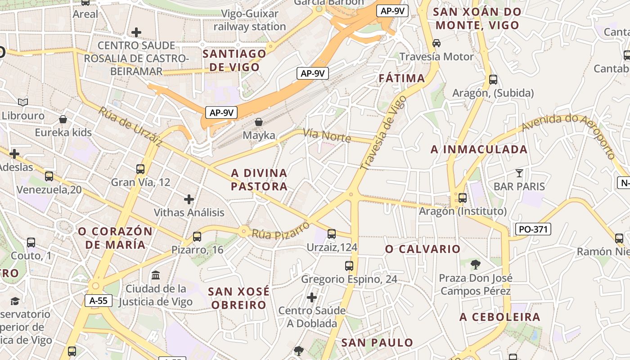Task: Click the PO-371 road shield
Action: (533, 229)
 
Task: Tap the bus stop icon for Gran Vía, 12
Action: (140, 169)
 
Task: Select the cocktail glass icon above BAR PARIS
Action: (519, 173)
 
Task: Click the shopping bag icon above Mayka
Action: (259, 121)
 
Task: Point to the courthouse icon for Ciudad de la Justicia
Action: (156, 275)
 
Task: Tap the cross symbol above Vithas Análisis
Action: (189, 199)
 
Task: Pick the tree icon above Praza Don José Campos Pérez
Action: (475, 264)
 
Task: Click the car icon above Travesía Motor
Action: (436, 43)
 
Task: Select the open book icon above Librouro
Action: (23, 102)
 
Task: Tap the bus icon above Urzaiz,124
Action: (332, 234)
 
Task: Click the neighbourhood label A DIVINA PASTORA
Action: (259, 180)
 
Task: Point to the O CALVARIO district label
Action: (423, 249)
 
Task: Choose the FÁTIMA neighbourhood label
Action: (402, 78)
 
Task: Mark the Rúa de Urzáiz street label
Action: (130, 127)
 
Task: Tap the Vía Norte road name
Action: (327, 135)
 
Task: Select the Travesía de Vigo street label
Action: (383, 134)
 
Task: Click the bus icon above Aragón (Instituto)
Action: (462, 198)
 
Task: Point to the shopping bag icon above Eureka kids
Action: (63, 119)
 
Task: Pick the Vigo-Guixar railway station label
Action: (250, 20)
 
